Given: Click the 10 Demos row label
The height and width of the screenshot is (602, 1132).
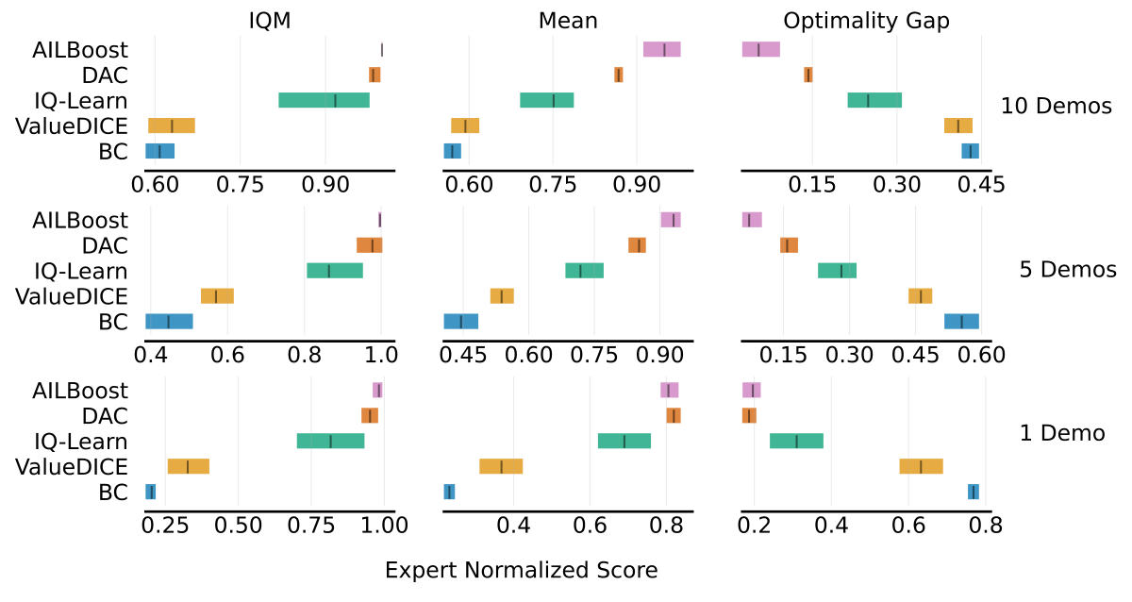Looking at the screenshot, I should (1057, 106).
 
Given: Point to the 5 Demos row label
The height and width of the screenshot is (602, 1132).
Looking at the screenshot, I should (1067, 270).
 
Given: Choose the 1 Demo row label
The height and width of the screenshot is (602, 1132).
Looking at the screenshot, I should (1061, 433).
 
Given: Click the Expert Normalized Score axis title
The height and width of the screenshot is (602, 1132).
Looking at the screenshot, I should (521, 571).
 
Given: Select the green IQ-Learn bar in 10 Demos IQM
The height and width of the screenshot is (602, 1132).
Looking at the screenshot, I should (324, 100).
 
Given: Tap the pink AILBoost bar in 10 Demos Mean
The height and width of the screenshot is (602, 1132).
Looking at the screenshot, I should (661, 50).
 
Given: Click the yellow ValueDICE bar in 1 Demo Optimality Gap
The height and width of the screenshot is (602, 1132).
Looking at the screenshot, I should (921, 466).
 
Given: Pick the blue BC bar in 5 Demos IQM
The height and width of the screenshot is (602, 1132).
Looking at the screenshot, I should (169, 321).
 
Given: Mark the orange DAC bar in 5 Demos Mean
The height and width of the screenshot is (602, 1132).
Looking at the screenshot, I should (637, 245).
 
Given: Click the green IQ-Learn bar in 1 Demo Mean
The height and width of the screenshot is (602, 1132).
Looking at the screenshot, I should (624, 441).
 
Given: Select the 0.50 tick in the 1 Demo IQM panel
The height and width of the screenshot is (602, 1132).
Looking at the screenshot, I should (238, 526).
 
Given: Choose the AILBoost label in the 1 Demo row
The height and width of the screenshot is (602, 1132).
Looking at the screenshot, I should (79, 390).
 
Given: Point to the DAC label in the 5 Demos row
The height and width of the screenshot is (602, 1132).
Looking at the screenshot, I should (105, 245).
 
